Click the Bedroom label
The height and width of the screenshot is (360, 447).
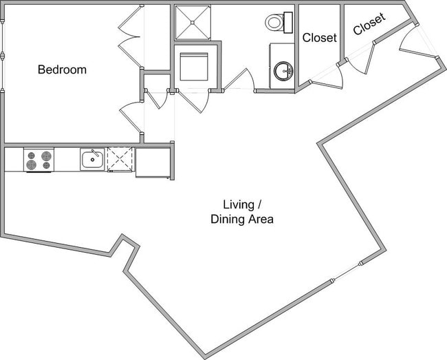coord(62,70)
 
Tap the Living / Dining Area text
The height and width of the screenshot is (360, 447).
coord(242,212)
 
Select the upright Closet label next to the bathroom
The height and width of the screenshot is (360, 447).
coord(320,38)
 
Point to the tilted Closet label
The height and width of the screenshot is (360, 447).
coord(369,25)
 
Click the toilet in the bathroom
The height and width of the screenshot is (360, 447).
coord(278,22)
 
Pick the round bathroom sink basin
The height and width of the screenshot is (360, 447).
coord(283,70)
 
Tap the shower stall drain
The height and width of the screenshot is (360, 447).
coord(194,23)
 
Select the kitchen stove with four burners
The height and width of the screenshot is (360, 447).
coord(39,160)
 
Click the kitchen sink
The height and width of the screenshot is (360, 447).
coord(92,160)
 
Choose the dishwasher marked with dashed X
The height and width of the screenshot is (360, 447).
coord(120,159)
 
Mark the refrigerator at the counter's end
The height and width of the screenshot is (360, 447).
coord(152,162)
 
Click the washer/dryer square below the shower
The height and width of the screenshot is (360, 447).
coord(194,67)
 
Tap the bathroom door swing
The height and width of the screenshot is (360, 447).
coord(239,81)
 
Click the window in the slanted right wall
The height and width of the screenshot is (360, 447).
coord(345,271)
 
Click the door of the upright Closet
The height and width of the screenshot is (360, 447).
coord(327,77)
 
